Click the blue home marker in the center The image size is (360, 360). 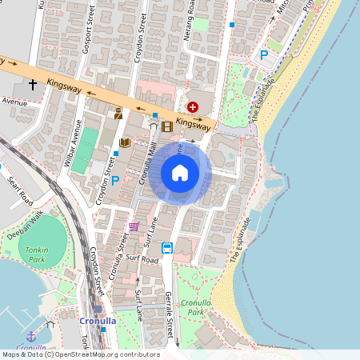click(x=180, y=173)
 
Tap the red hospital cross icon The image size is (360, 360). click(x=192, y=106)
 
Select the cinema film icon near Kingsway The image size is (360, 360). click(x=166, y=126)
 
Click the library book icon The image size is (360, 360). click(x=124, y=143)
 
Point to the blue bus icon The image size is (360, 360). click(x=167, y=248)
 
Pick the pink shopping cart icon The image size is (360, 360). click(x=134, y=226)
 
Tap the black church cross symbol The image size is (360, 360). click(x=33, y=83)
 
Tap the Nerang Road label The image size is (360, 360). click(x=190, y=22)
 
